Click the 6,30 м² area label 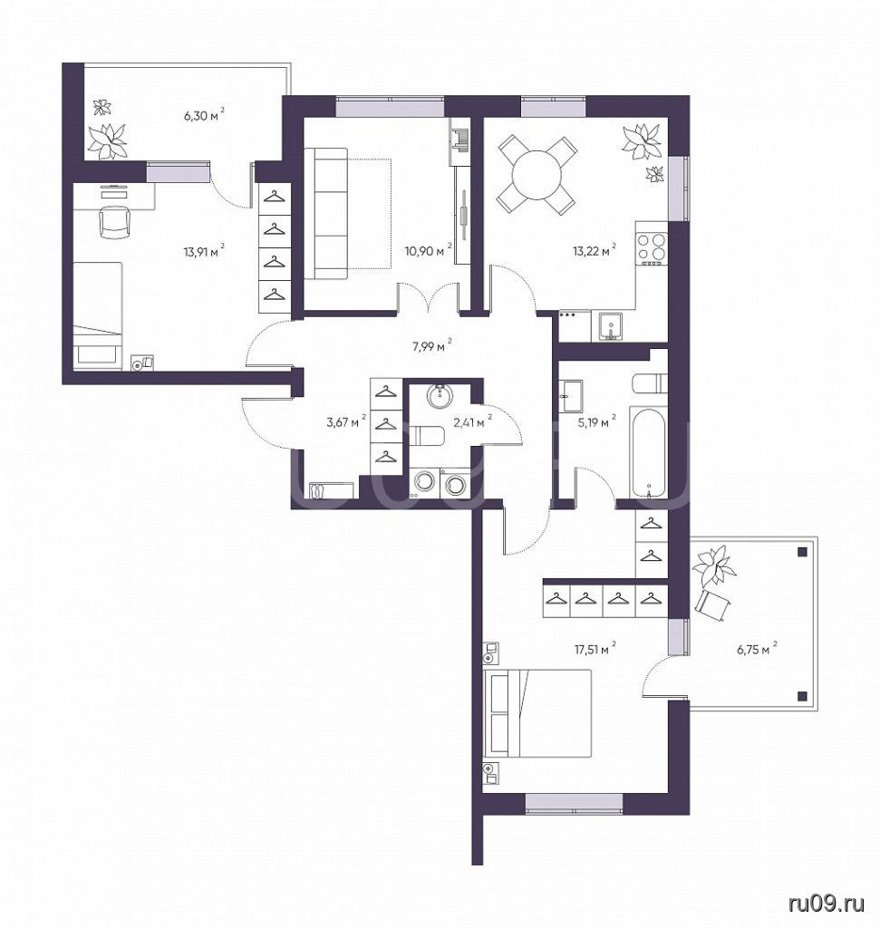point(205,114)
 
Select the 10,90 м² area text point(429,251)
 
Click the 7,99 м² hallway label point(432,346)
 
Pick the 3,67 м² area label point(346,422)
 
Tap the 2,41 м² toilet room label point(472,422)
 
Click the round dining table point(537,176)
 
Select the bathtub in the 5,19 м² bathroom point(649,452)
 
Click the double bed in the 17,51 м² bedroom point(537,712)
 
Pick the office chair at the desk point(113,221)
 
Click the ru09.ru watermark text point(827,904)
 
